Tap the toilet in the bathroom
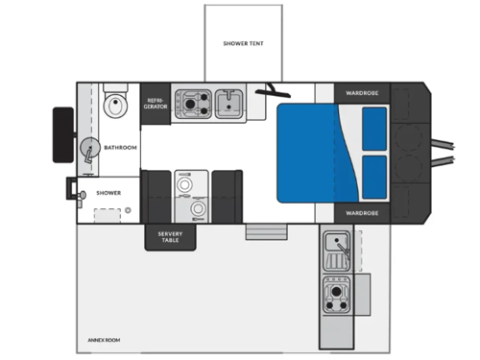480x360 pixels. coord(115,103)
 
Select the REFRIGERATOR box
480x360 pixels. coord(156,103)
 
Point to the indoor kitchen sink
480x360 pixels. coord(228,101)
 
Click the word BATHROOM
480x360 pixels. coord(120,147)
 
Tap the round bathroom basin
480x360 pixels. coord(89,149)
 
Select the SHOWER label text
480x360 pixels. coord(108,193)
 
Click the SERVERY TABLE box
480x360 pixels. coord(170,236)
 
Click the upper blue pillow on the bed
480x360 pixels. coord(374,128)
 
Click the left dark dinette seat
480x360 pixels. coord(156,195)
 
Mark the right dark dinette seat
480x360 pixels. coord(226,195)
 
